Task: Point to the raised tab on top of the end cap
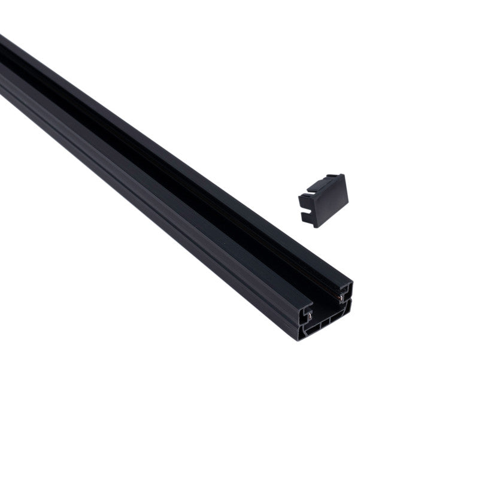(328, 178)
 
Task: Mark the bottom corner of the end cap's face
(323, 226)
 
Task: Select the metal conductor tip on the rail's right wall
(340, 296)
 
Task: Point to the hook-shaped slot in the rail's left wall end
(307, 313)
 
